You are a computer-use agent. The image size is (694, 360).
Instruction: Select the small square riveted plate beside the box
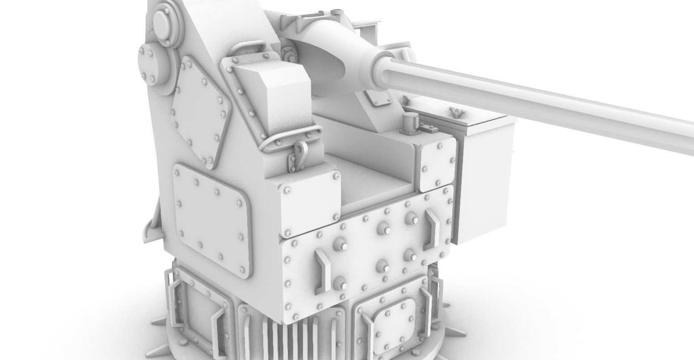(x=436, y=163)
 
